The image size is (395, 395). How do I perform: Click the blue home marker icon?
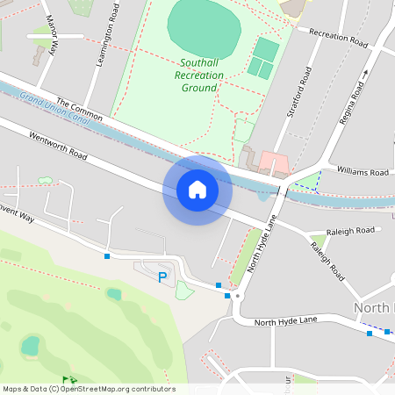[197, 190]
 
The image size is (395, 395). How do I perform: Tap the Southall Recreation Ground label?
[199, 75]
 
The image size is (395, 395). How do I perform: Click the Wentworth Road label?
[58, 146]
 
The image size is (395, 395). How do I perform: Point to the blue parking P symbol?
[162, 277]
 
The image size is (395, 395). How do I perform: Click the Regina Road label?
[355, 90]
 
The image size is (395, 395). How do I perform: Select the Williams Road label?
[363, 173]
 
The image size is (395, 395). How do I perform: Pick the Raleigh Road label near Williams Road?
[352, 231]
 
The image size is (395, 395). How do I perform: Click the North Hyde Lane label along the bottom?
[285, 323]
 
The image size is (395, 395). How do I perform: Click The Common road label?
[79, 109]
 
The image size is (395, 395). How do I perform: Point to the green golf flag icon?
[66, 381]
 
